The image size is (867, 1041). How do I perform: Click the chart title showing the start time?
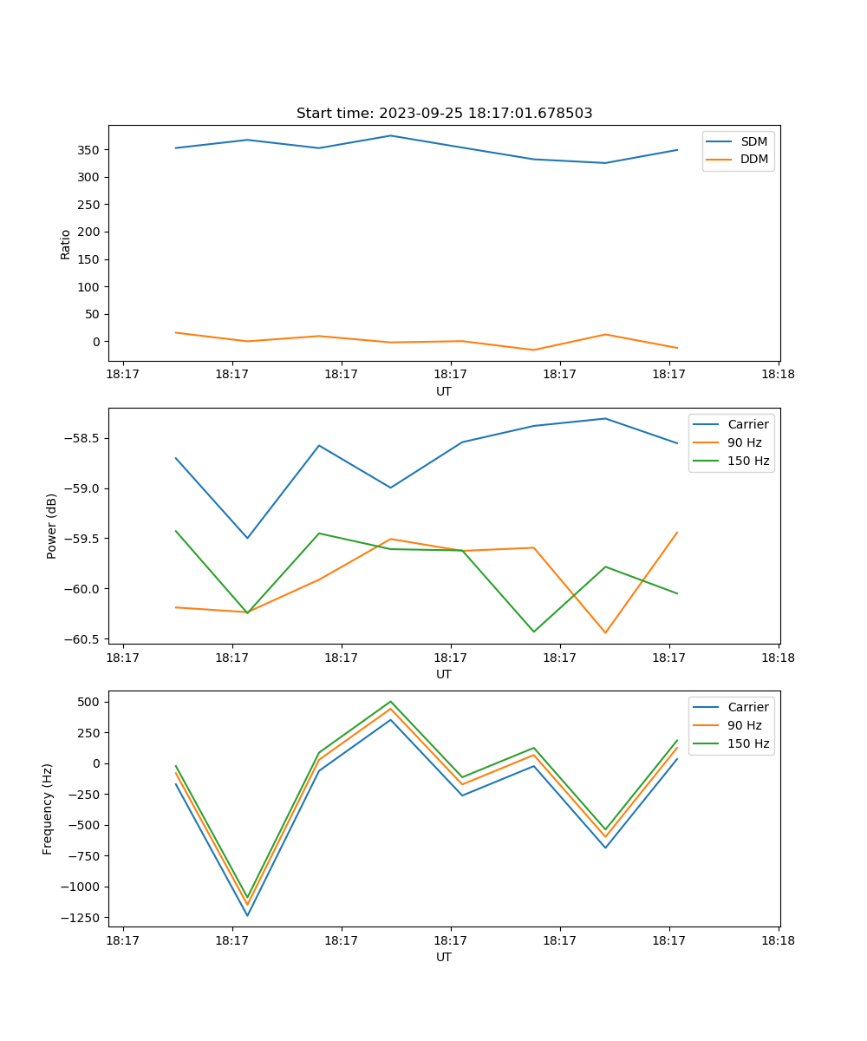(444, 114)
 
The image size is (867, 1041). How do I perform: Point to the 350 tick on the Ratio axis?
(88, 150)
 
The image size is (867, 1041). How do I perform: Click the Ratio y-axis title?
(65, 244)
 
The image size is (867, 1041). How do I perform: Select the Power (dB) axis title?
(52, 526)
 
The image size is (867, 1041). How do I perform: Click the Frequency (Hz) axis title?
(48, 809)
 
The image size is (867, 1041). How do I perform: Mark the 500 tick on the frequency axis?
(91, 702)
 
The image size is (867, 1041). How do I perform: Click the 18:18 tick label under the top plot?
(778, 375)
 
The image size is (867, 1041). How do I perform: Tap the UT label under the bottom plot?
(444, 957)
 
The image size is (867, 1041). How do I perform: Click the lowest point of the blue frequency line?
(247, 915)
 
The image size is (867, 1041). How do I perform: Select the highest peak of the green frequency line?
(390, 702)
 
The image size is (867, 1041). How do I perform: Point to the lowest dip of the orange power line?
(605, 632)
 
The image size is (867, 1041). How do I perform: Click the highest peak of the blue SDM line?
(390, 135)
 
